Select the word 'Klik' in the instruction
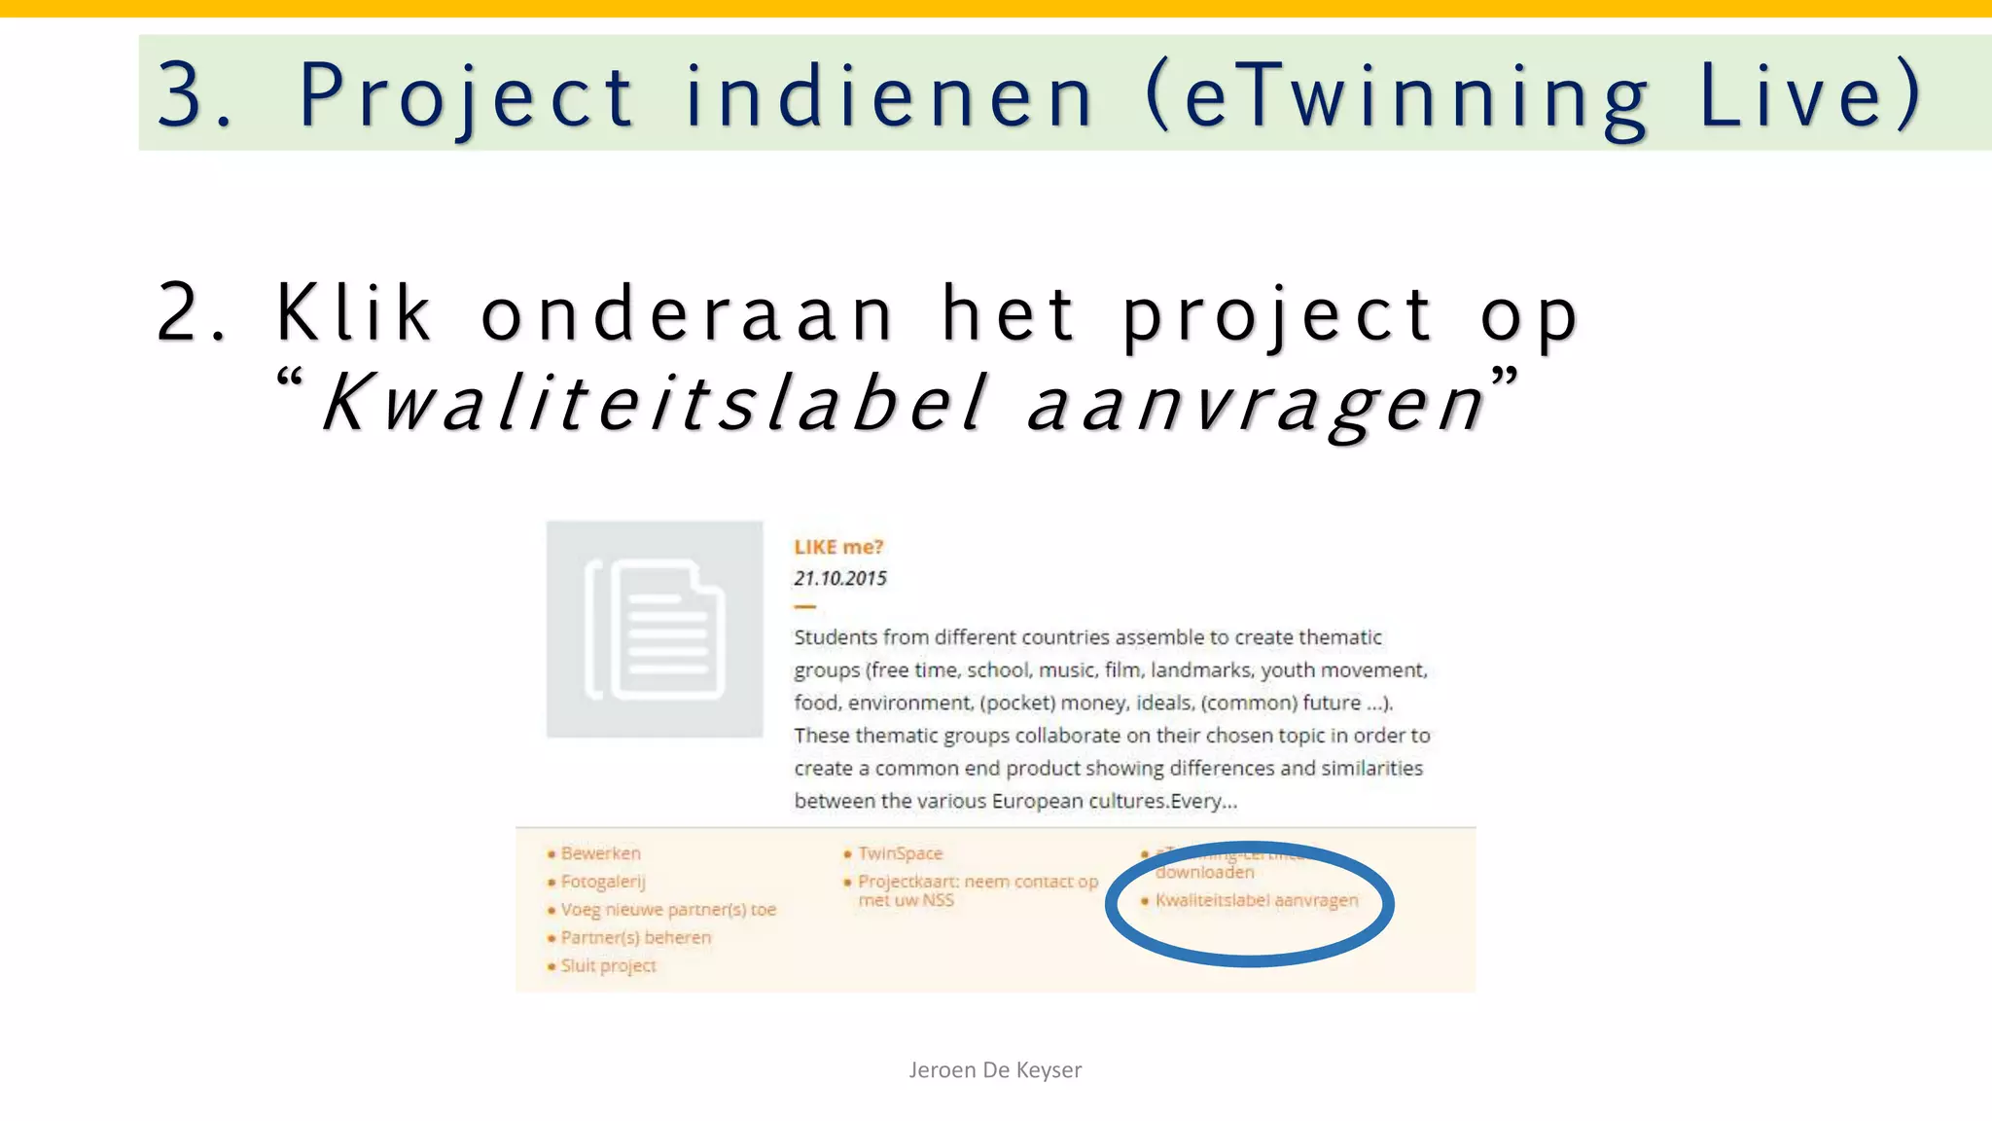(x=354, y=313)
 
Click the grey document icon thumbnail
(x=655, y=630)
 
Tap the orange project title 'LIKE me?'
(x=838, y=547)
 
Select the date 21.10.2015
(x=840, y=578)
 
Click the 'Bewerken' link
(x=600, y=853)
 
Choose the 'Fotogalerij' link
(x=603, y=882)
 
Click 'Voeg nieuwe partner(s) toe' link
(x=668, y=910)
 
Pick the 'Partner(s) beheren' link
(x=635, y=938)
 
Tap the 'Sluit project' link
(x=608, y=966)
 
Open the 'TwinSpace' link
(x=900, y=853)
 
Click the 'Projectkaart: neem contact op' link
(x=977, y=882)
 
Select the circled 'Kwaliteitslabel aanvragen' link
(x=1256, y=900)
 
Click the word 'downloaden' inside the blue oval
(x=1204, y=873)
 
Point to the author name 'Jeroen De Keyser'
(x=995, y=1070)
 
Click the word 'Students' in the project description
(x=836, y=637)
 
